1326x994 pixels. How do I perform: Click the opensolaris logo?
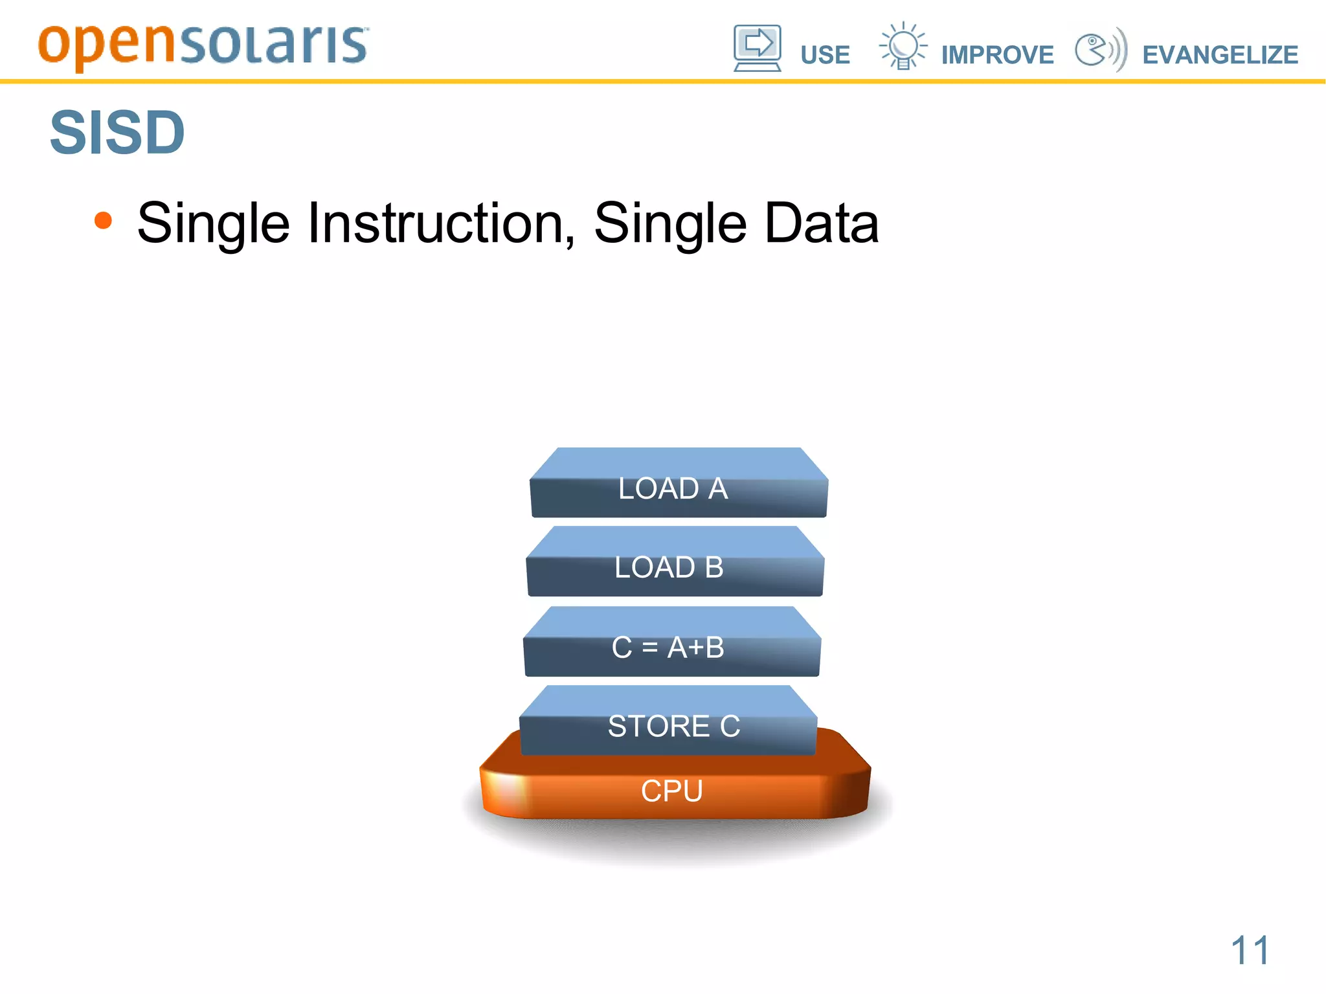coord(203,45)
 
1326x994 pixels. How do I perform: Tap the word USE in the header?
coord(825,55)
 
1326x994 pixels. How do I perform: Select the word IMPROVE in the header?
coord(997,55)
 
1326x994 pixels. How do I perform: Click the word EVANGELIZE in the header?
coord(1220,55)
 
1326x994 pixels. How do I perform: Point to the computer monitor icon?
coord(757,48)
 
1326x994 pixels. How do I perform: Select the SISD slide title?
coord(117,133)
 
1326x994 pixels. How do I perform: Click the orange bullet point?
coord(103,221)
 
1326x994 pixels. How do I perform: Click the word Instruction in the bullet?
coord(440,223)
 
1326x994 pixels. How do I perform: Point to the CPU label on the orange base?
coord(671,791)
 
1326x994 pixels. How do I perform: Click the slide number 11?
coord(1250,951)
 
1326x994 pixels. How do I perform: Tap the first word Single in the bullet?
coord(214,223)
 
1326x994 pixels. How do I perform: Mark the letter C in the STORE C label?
coord(730,726)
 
